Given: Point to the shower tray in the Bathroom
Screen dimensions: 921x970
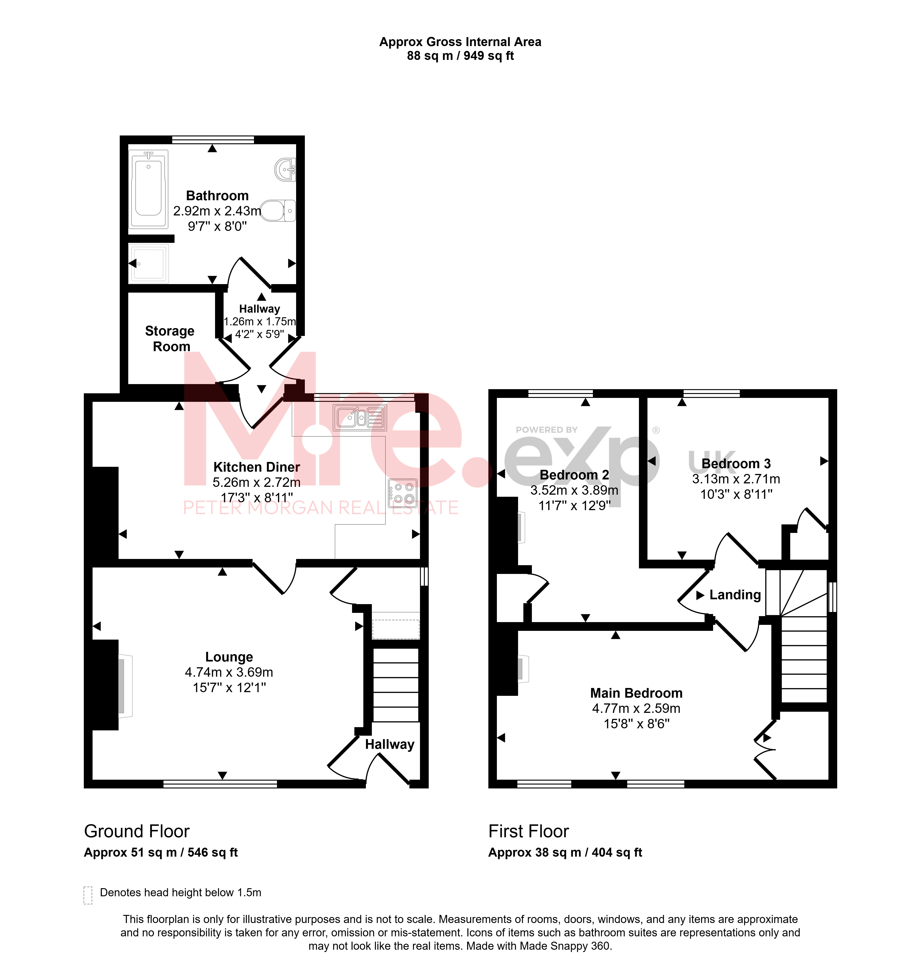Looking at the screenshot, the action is (x=148, y=264).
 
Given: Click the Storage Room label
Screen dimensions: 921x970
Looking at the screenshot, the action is (x=170, y=338).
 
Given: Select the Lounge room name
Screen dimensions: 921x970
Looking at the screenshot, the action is (x=229, y=657).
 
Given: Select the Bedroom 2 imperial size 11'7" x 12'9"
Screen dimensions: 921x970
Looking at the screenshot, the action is (x=574, y=505).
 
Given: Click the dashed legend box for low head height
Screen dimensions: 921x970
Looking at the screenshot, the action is (x=88, y=895).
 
